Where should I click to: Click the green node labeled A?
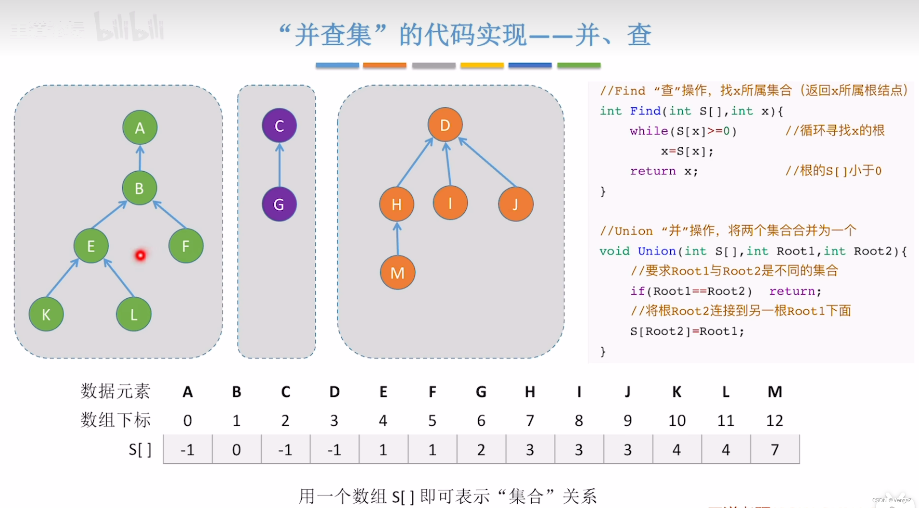pos(140,127)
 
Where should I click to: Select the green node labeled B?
pos(139,188)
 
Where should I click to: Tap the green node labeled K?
pos(46,315)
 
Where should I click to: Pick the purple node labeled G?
pos(279,204)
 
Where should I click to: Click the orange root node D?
pos(445,125)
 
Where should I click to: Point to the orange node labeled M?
pos(397,273)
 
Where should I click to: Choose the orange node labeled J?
pos(516,204)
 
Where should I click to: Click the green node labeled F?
pos(186,246)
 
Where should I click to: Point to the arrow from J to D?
pos(487,162)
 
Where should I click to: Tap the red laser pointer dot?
pos(140,255)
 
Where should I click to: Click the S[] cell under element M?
pos(775,449)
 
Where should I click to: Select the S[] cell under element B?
pos(236,449)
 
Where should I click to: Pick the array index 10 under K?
pos(676,421)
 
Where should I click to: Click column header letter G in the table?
pos(481,392)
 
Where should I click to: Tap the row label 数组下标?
pos(115,420)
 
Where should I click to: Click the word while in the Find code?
pos(649,131)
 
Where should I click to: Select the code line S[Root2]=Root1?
pos(687,331)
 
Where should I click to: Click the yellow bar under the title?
pos(482,65)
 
